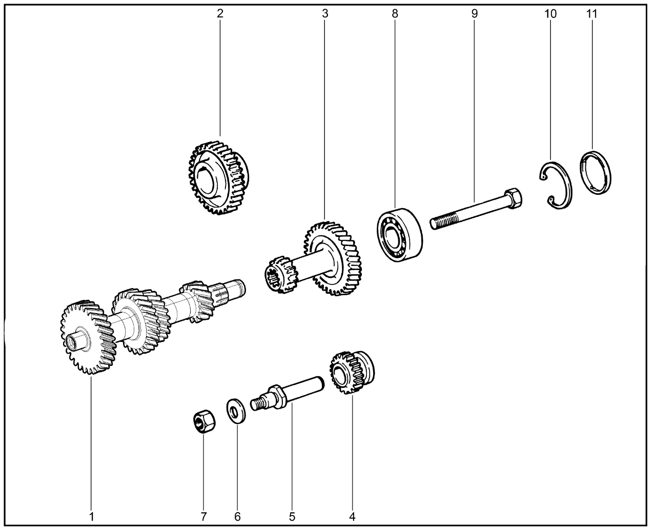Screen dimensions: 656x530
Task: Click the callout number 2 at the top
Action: [x=219, y=13]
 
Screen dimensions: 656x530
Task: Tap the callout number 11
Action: [x=591, y=14]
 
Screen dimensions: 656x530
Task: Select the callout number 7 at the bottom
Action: [x=203, y=517]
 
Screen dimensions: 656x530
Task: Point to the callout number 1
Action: [x=91, y=517]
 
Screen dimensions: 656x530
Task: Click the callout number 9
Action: [x=474, y=14]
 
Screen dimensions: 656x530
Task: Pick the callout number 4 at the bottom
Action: [x=352, y=517]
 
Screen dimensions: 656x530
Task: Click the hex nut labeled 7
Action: [x=204, y=421]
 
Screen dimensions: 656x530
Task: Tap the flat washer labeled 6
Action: [x=236, y=411]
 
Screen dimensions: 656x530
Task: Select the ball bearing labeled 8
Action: [x=400, y=235]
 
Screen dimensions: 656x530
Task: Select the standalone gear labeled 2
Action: [x=219, y=178]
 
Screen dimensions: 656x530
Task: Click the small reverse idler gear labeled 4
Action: [x=352, y=373]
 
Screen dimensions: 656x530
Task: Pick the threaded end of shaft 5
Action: [x=259, y=403]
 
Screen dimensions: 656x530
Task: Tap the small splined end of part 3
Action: [x=281, y=274]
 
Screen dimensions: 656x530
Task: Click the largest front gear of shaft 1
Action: [x=88, y=337]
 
